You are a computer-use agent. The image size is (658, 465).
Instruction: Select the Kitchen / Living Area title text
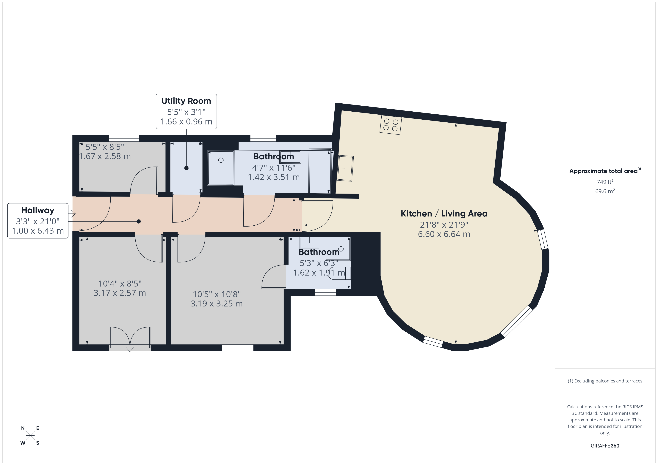pyautogui.click(x=444, y=214)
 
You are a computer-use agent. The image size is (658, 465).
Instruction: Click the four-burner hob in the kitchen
pyautogui.click(x=391, y=125)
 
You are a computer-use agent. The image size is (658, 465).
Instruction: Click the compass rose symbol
pyautogui.click(x=30, y=436)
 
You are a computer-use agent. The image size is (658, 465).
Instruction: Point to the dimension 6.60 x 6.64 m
pyautogui.click(x=444, y=234)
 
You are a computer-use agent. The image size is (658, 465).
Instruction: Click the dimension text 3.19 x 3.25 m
pyautogui.click(x=217, y=303)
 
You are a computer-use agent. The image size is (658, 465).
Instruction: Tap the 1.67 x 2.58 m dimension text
pyautogui.click(x=105, y=156)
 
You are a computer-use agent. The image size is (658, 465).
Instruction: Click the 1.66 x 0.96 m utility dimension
pyautogui.click(x=186, y=122)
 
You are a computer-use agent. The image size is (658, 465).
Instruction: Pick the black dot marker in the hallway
pyautogui.click(x=139, y=221)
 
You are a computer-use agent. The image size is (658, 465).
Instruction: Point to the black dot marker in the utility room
pyautogui.click(x=186, y=168)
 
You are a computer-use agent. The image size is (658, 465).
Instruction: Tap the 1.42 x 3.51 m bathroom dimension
pyautogui.click(x=274, y=177)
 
